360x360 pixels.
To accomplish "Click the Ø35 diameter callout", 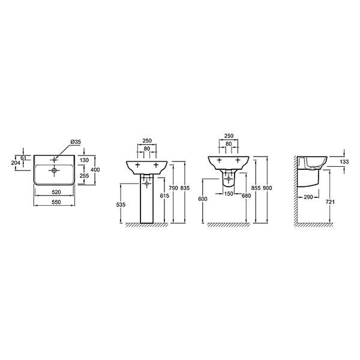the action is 76,142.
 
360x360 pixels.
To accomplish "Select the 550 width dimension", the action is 56,202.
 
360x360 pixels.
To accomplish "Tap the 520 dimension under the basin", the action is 56,192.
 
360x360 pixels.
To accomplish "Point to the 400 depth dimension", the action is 95,170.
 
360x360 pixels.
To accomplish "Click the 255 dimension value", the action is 84,176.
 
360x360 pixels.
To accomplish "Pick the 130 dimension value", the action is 84,160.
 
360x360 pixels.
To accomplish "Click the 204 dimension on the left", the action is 16,163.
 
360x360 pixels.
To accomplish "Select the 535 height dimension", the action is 121,205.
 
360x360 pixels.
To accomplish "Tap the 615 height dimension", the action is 164,196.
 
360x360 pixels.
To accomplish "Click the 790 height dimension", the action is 173,188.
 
